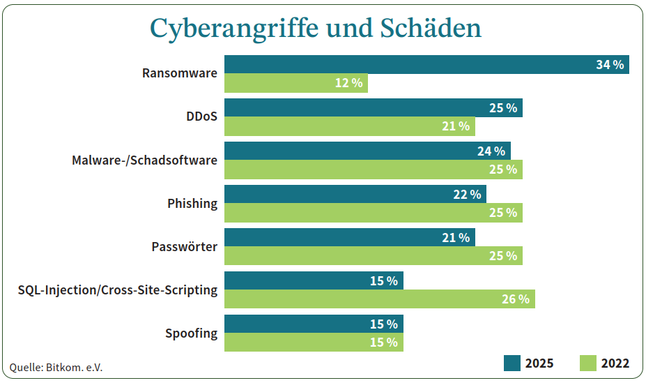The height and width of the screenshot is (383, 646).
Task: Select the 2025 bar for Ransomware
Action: [426, 64]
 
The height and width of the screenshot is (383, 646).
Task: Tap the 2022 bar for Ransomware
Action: [295, 83]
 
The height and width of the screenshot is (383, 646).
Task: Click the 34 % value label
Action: [610, 65]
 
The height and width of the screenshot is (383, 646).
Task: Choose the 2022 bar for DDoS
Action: [349, 126]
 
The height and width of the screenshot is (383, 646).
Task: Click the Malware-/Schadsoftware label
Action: [145, 160]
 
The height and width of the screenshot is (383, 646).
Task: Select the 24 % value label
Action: [491, 151]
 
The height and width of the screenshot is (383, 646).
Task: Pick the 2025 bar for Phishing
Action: [355, 194]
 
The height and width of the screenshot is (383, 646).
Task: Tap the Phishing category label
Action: [192, 203]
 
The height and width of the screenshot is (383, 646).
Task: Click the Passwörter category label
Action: [185, 246]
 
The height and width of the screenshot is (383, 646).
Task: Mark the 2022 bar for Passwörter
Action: [373, 256]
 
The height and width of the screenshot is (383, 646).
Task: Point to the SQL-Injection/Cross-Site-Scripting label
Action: [118, 290]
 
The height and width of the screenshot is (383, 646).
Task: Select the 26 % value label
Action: [516, 299]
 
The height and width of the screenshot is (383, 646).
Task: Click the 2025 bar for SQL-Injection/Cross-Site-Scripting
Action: [314, 280]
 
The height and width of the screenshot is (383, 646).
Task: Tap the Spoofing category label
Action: [192, 333]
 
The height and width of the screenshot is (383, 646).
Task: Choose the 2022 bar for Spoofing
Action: [314, 343]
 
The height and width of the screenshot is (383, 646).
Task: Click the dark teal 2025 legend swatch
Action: [512, 363]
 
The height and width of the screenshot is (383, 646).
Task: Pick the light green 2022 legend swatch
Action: [588, 363]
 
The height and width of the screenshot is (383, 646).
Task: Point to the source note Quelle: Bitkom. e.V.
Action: [56, 367]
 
